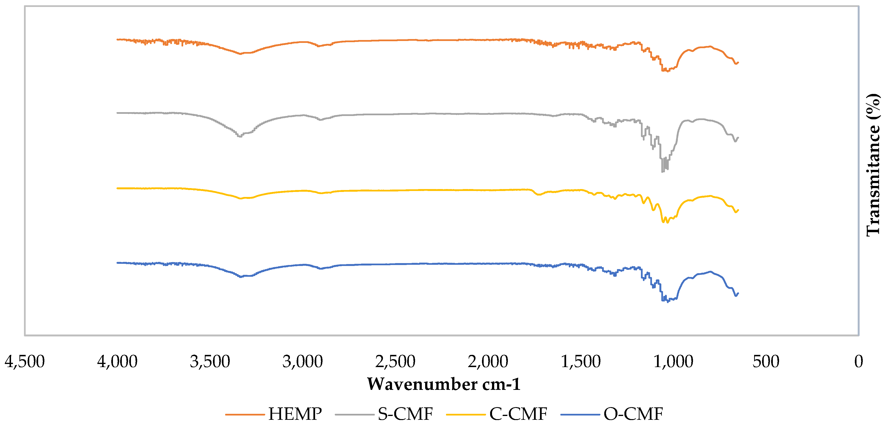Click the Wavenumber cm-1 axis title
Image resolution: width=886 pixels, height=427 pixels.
point(444,384)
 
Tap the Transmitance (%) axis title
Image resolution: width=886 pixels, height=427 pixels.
point(873,165)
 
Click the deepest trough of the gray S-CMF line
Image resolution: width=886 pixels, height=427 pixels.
point(663,172)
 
